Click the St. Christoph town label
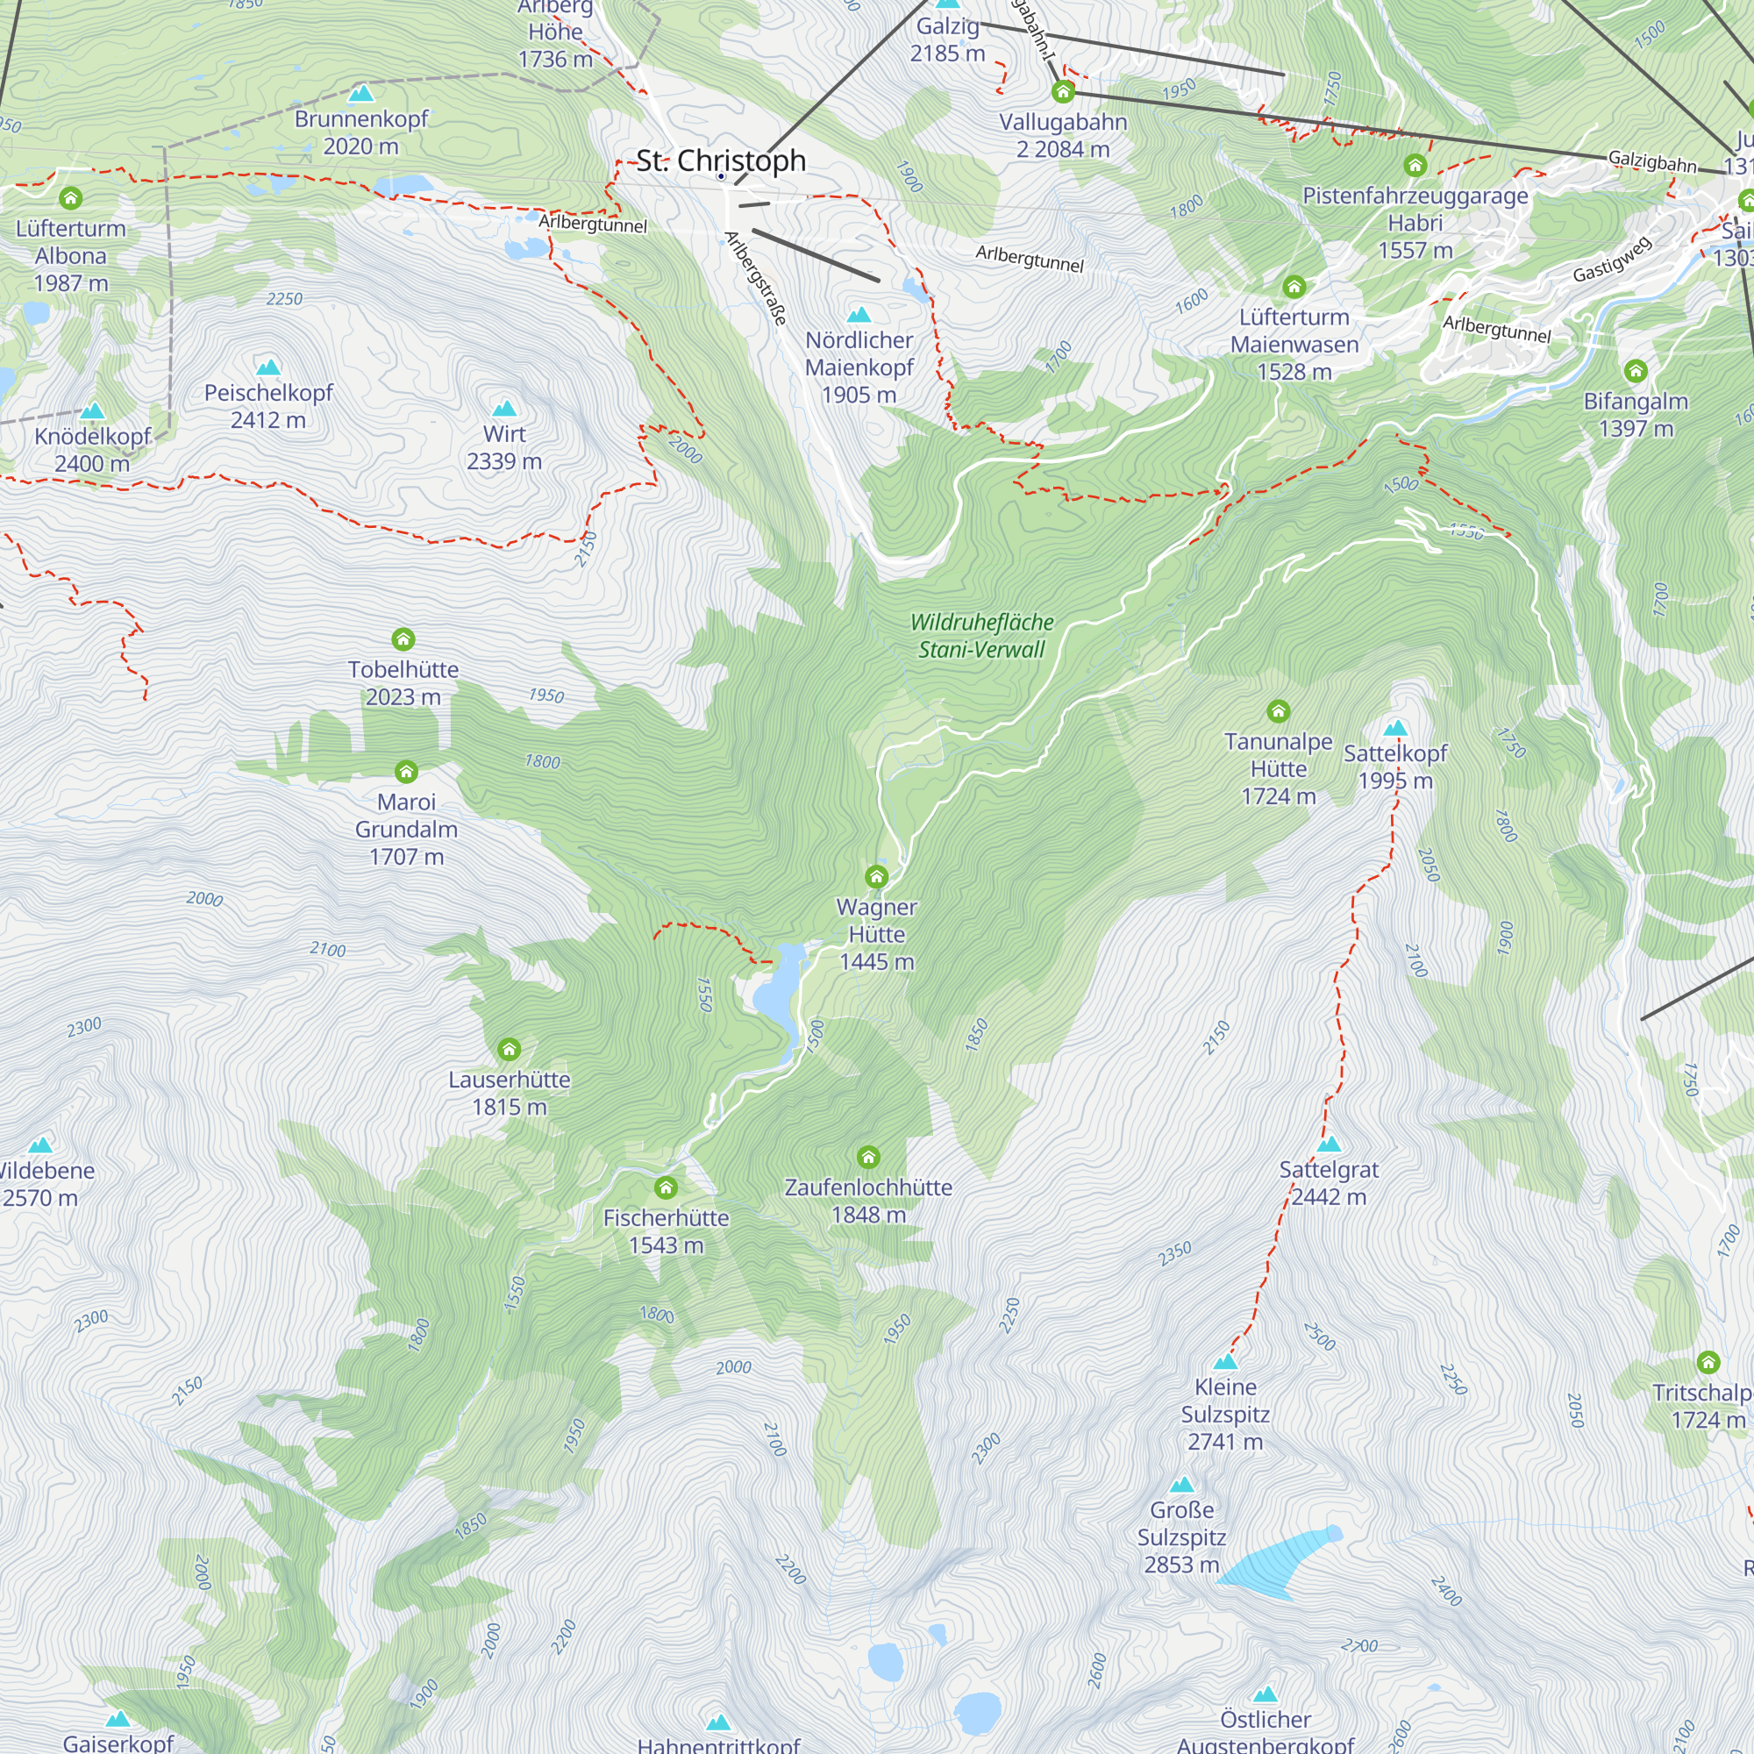point(721,160)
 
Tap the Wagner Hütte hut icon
point(876,876)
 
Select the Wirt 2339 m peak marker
point(504,409)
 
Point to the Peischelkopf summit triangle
point(267,367)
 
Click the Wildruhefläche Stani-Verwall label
point(981,636)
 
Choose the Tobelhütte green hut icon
point(403,639)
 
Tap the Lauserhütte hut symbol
point(510,1050)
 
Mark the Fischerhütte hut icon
point(666,1187)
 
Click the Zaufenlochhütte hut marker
point(868,1157)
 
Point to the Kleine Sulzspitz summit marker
point(1226,1361)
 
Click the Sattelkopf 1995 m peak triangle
point(1395,727)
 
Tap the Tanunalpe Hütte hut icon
point(1279,711)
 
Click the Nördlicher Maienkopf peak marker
point(859,315)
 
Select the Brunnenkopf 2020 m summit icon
point(361,93)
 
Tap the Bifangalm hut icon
point(1636,370)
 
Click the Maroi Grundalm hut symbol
point(406,772)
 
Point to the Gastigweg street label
point(1613,260)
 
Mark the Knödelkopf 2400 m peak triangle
point(93,411)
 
